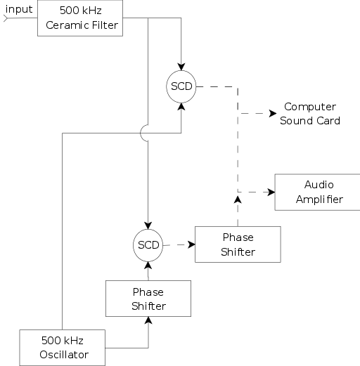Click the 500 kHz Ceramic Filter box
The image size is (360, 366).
pos(81,19)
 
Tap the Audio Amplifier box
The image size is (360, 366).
pos(318,192)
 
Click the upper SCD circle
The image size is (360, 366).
pos(181,86)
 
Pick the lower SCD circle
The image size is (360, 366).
pos(148,245)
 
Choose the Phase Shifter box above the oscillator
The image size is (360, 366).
pos(148,299)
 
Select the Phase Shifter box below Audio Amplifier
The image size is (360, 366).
pos(238,244)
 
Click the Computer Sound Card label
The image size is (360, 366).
pos(309,114)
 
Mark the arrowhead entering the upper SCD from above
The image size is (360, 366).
pos(181,67)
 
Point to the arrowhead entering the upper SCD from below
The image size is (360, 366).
pos(181,105)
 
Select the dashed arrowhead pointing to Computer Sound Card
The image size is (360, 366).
pos(271,113)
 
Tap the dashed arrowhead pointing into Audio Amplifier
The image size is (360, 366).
pos(270,192)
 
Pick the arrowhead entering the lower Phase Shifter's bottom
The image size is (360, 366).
pos(148,320)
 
